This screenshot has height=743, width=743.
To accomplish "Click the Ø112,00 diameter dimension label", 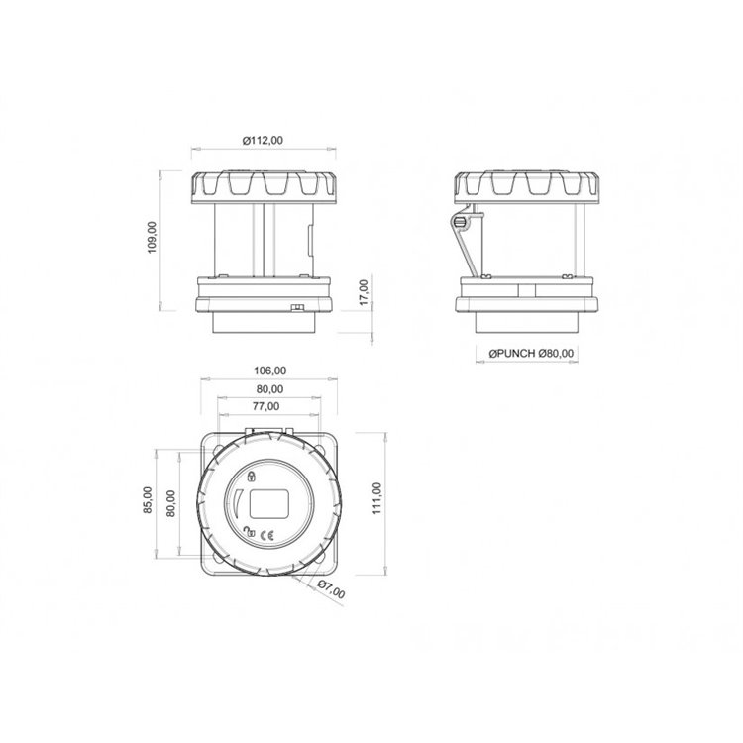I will tap(263, 141).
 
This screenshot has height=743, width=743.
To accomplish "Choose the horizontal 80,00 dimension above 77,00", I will tap(270, 388).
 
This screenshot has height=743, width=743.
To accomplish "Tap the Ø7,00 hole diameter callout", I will tap(332, 591).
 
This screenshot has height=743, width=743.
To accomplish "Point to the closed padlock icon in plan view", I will tap(252, 478).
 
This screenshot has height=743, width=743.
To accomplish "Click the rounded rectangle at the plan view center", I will tap(269, 505).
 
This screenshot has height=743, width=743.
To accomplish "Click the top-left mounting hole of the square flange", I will tap(217, 451).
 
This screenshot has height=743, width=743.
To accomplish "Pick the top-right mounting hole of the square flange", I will tap(328, 451).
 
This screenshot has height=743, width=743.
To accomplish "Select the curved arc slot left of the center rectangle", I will tap(238, 505).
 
